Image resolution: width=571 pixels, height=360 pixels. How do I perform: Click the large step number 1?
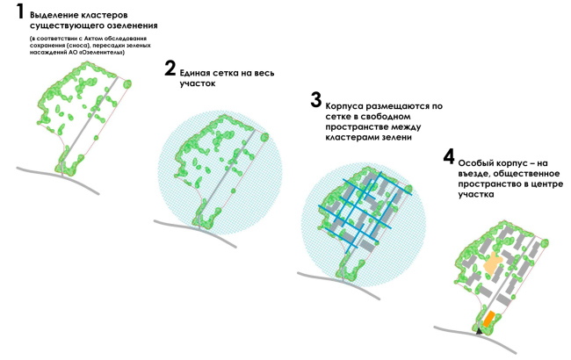(19, 11)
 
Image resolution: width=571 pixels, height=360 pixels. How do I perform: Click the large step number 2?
(170, 68)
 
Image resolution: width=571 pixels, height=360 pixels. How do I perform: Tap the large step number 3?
(316, 100)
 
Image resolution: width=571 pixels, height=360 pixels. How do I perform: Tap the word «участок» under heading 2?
(198, 84)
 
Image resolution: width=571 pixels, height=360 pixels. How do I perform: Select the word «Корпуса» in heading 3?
(344, 106)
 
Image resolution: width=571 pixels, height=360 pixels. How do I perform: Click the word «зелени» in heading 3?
(396, 138)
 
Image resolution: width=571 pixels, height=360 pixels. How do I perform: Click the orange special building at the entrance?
(488, 319)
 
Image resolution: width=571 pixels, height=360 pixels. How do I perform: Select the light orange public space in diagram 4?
(492, 263)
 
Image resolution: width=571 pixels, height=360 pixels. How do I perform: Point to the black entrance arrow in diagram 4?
(480, 331)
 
